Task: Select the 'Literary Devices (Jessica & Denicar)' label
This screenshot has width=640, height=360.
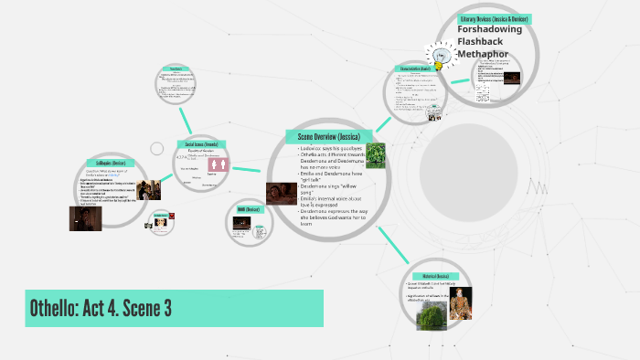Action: [495, 18]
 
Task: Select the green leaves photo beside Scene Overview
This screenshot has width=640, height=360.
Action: [375, 156]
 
